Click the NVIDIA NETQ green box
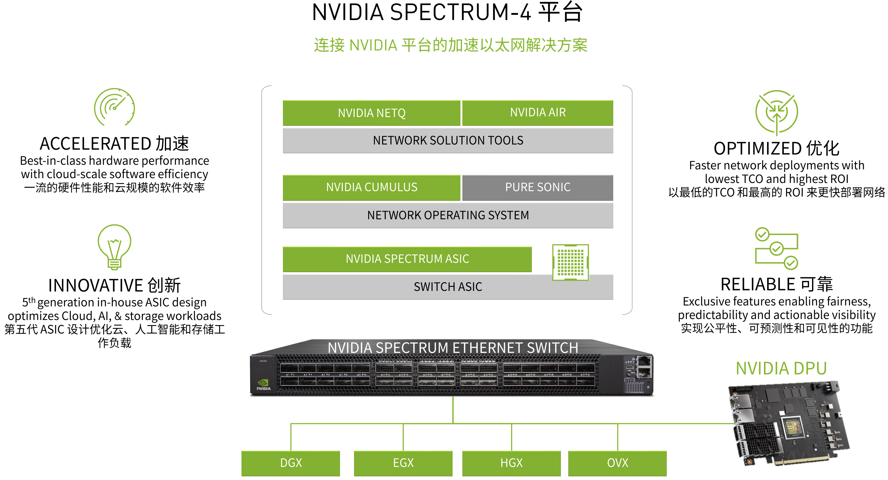pyautogui.click(x=371, y=113)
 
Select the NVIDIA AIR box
pyautogui.click(x=537, y=113)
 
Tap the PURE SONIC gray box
pyautogui.click(x=537, y=188)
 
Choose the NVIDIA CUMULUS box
pyautogui.click(x=371, y=188)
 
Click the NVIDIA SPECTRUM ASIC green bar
pyautogui.click(x=407, y=259)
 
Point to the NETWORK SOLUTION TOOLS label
pyautogui.click(x=448, y=141)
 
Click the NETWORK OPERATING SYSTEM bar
pyautogui.click(x=448, y=215)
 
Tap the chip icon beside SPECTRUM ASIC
pyautogui.click(x=571, y=262)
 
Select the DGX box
pyautogui.click(x=290, y=463)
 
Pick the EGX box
pyautogui.click(x=403, y=463)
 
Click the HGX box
pyautogui.click(x=511, y=463)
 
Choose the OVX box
pyautogui.click(x=618, y=463)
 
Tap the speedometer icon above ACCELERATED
pyautogui.click(x=114, y=107)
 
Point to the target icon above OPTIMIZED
pyautogui.click(x=776, y=112)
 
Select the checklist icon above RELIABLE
pyautogui.click(x=776, y=248)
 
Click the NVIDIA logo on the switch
pyautogui.click(x=263, y=384)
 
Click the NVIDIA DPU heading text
pyautogui.click(x=781, y=368)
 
